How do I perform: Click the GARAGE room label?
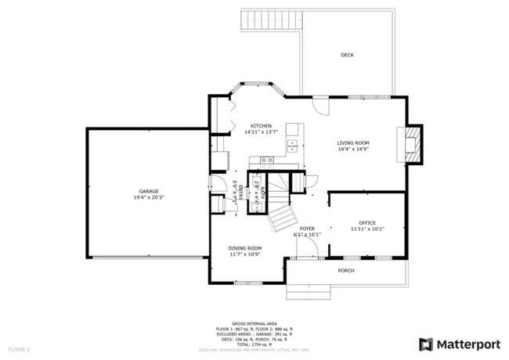(x=149, y=191)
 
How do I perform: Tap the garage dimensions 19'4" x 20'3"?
(x=149, y=197)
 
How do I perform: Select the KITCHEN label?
(x=261, y=126)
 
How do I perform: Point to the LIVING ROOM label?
(x=353, y=143)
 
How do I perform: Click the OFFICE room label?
(x=367, y=224)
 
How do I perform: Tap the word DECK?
(x=347, y=55)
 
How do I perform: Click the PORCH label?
(x=345, y=271)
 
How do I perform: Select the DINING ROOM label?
(x=245, y=248)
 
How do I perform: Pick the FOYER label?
(x=307, y=228)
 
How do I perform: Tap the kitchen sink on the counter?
(x=291, y=143)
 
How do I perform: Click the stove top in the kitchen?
(x=266, y=160)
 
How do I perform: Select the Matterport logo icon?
(x=426, y=344)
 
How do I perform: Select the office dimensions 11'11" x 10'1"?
(x=367, y=230)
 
